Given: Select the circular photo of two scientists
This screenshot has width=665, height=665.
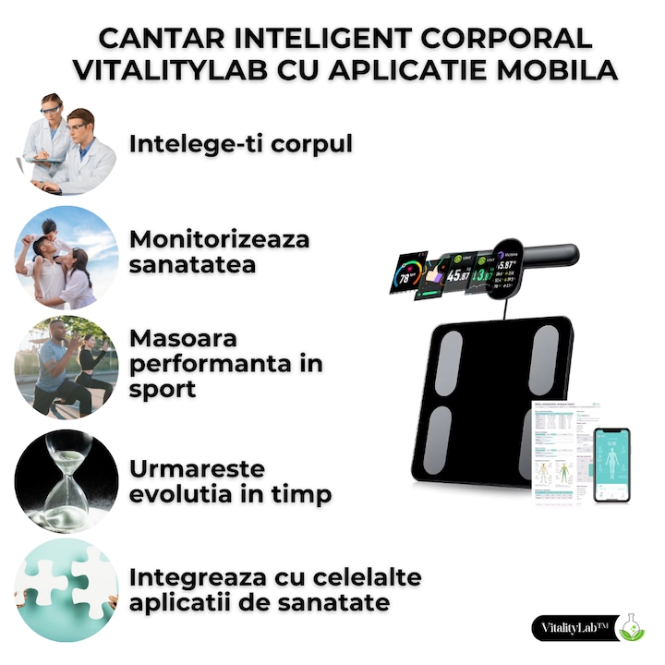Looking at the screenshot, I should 66,144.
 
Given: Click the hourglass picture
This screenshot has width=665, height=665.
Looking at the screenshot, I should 66,480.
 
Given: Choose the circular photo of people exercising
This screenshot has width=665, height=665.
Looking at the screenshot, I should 66,368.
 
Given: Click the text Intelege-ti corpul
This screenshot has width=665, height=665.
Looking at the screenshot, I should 240,145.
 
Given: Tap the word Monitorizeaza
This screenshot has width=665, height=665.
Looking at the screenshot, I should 220,239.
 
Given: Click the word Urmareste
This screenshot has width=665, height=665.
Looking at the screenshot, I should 197,469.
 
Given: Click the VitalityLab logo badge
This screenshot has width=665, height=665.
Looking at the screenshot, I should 578,628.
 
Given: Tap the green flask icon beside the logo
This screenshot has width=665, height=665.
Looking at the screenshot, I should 633,627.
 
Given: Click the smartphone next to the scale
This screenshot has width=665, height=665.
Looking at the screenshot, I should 611,465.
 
